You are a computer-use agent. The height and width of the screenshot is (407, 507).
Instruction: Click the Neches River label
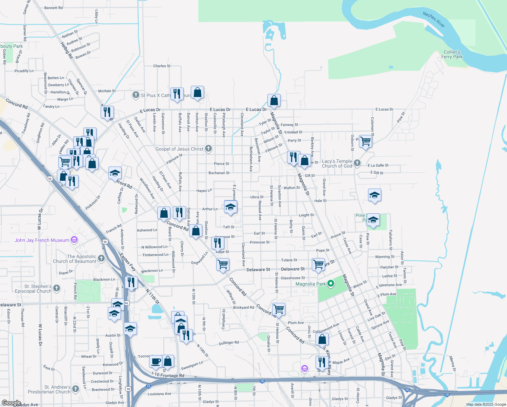434,19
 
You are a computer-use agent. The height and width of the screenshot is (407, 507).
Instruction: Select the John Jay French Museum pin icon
74,240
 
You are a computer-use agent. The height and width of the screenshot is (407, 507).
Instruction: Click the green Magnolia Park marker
331,284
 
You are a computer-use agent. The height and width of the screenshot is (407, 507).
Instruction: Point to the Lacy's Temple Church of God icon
357,163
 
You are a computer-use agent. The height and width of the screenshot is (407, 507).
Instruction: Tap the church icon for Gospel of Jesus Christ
208,149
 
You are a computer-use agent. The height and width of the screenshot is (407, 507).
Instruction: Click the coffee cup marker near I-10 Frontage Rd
156,361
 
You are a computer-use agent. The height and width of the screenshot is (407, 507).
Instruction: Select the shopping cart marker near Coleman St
365,141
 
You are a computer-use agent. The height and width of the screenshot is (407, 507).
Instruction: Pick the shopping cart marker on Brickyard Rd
279,309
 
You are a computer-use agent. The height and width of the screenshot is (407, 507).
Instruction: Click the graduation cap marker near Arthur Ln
230,207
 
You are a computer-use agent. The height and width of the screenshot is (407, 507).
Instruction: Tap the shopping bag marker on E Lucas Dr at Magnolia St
274,100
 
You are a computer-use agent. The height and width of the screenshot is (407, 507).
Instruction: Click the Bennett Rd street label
54,7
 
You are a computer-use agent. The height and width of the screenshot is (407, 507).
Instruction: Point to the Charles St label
162,66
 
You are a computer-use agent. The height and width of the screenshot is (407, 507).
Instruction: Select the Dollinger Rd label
229,343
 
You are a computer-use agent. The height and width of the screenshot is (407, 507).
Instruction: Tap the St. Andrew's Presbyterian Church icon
75,389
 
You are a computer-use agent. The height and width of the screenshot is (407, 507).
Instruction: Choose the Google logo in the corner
11,403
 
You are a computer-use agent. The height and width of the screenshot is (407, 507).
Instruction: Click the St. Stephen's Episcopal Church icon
57,288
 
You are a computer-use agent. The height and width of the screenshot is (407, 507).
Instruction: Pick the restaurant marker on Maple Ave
321,362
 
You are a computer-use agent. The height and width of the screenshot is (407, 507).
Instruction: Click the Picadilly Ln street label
24,71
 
